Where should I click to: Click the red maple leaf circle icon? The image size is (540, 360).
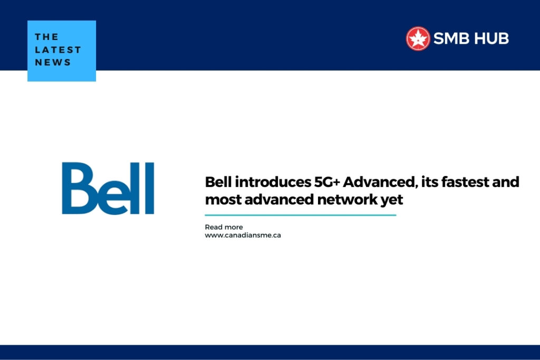point(418,38)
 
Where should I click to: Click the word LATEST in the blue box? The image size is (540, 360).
point(58,50)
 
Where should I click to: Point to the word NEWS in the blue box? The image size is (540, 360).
point(53,62)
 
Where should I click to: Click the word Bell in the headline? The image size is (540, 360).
point(218,182)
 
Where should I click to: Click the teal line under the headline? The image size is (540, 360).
point(300,215)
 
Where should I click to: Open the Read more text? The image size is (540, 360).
point(224,227)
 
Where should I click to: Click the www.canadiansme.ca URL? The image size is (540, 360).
point(243,235)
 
